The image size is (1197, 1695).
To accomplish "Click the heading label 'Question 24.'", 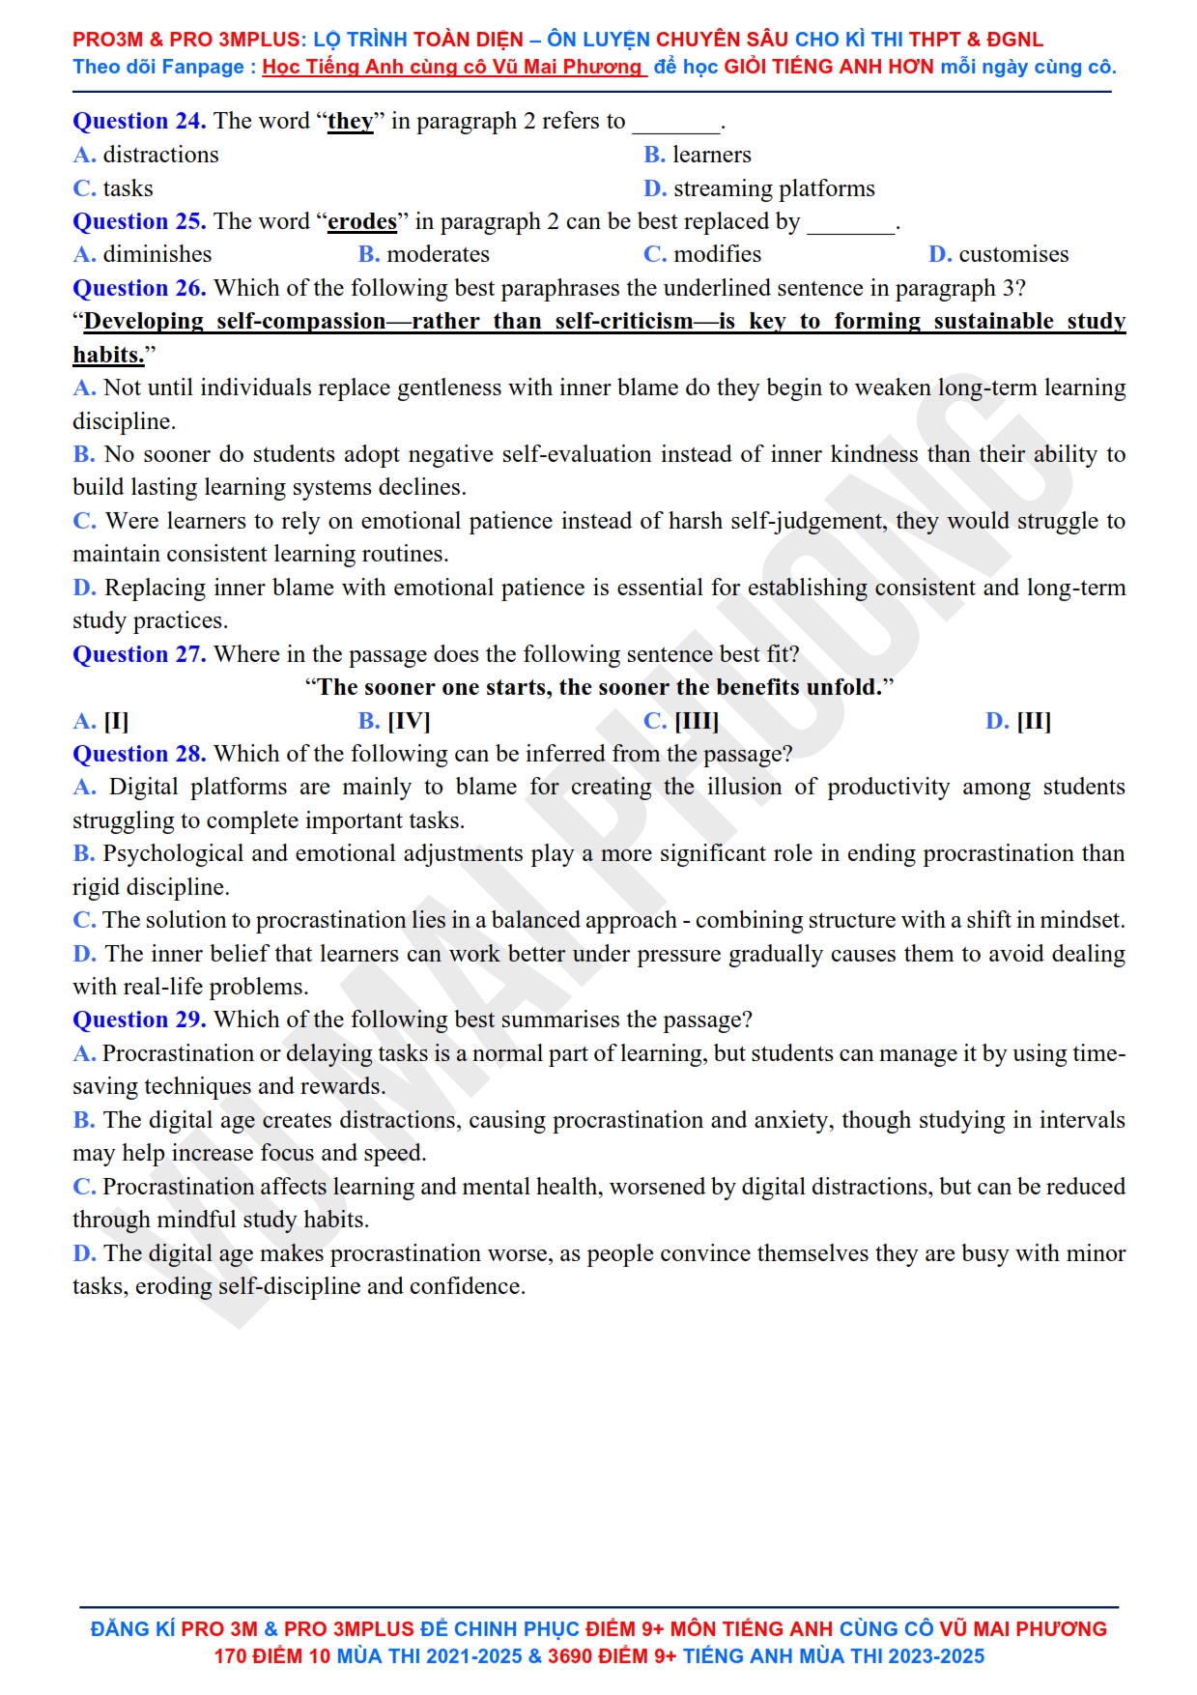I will tap(139, 121).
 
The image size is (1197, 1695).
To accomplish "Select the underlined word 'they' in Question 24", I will tap(350, 121).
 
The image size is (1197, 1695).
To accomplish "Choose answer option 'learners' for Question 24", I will tap(711, 155).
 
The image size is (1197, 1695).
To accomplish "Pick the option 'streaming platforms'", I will tap(773, 188).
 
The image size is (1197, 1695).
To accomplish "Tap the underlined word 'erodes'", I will tap(362, 221).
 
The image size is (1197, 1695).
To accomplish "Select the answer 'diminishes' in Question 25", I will tap(157, 254).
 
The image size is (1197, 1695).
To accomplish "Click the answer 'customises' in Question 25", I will tap(1013, 254).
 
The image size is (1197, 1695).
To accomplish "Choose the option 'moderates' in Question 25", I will tap(438, 254).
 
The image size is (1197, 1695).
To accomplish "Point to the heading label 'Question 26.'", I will tap(139, 288).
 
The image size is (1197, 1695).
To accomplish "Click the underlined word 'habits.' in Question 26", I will tap(108, 355).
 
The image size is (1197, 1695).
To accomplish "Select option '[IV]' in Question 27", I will tap(409, 721).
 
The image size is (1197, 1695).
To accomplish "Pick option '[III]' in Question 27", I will tap(696, 721).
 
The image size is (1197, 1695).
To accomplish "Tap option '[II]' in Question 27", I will tap(1033, 721).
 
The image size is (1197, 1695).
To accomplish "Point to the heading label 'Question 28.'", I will tap(139, 754).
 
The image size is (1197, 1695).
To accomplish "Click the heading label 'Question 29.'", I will tap(139, 1020).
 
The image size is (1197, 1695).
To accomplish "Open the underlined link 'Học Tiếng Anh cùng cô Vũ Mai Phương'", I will tap(452, 67).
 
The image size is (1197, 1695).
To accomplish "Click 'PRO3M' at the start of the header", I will tap(107, 40).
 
